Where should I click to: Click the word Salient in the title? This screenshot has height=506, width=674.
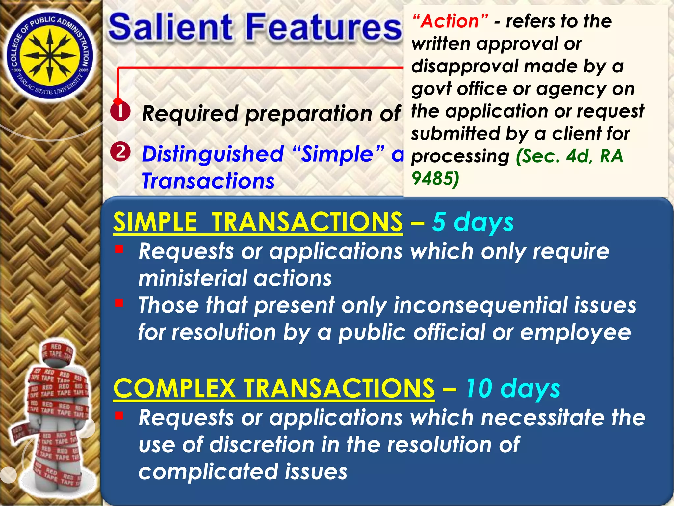(170, 27)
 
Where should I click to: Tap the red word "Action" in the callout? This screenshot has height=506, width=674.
(450, 21)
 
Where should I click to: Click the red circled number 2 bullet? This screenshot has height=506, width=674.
(120, 152)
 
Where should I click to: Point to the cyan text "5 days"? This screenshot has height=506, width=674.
(473, 222)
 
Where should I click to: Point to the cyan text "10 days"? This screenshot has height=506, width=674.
(513, 388)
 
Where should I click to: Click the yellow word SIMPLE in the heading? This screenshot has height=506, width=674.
(155, 222)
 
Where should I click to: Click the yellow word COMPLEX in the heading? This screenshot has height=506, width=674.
(174, 388)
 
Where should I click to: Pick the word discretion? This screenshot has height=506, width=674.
(262, 445)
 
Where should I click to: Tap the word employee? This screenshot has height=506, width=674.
(575, 332)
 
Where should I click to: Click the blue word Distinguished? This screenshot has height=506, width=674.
(213, 154)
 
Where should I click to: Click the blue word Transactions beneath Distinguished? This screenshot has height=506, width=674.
(208, 181)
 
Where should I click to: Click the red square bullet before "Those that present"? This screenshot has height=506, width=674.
(119, 302)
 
